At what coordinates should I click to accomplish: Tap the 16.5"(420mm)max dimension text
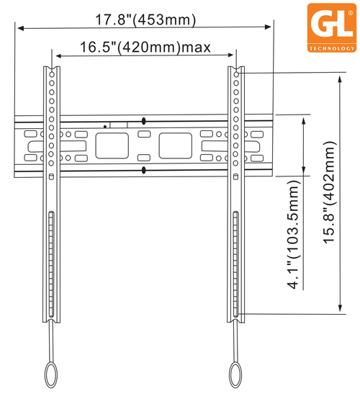pyautogui.click(x=144, y=48)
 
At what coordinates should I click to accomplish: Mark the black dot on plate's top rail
pyautogui.click(x=144, y=120)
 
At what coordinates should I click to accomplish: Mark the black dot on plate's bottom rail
pyautogui.click(x=144, y=169)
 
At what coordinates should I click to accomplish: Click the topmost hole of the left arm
pyautogui.click(x=51, y=73)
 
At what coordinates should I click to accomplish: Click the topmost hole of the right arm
pyautogui.click(x=236, y=73)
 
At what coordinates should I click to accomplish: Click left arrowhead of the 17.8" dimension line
pyautogui.click(x=20, y=29)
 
